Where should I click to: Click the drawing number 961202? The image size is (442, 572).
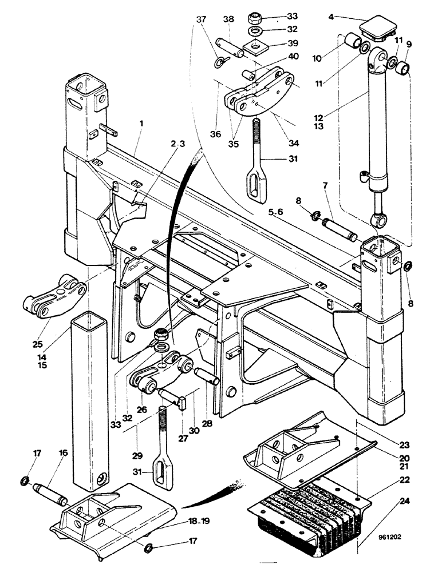click(x=398, y=537)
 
